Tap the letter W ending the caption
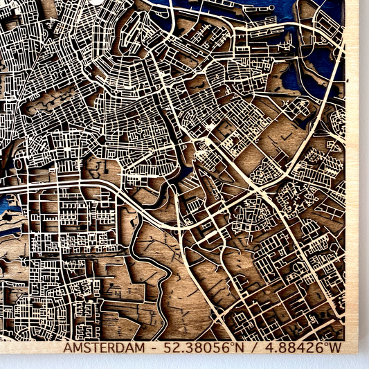(335, 348)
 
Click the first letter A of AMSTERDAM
(68, 348)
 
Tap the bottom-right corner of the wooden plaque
(357, 353)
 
